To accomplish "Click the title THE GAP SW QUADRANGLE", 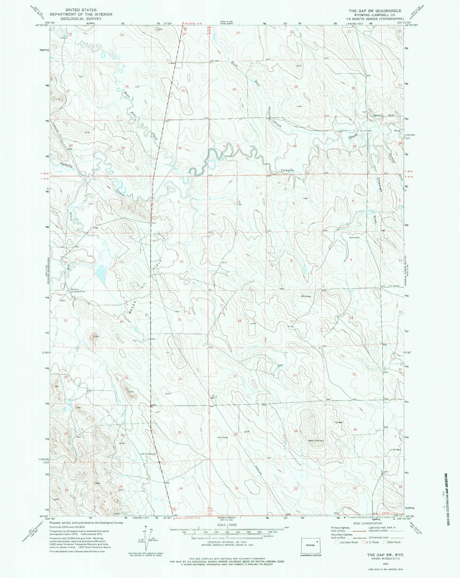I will (x=375, y=11).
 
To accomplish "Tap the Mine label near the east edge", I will (x=397, y=131).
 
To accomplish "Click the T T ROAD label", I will (x=394, y=286).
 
